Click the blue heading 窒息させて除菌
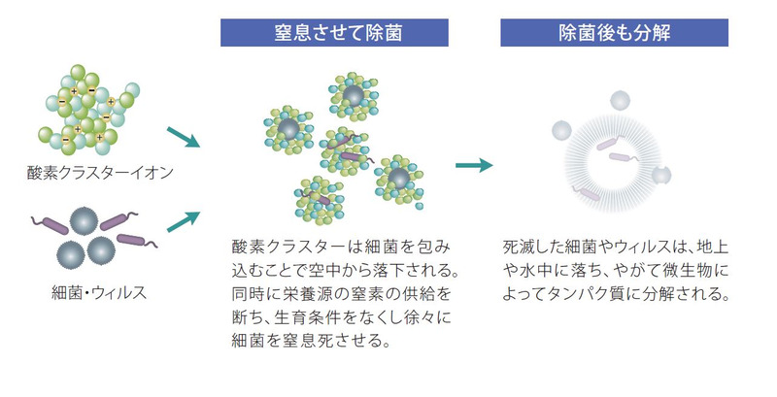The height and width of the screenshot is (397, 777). [338, 33]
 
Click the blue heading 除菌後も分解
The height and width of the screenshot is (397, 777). [615, 33]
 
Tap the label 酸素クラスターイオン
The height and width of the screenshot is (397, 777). [100, 173]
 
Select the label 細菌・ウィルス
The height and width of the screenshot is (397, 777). [99, 292]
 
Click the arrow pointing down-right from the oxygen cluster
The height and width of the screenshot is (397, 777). [184, 137]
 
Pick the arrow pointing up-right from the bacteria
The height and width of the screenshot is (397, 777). [184, 221]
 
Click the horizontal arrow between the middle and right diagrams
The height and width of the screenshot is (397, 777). [474, 165]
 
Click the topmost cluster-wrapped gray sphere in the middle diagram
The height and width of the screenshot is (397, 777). [354, 96]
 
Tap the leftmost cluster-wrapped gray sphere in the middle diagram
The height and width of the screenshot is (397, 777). [288, 130]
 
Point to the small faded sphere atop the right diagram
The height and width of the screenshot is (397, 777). [620, 101]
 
